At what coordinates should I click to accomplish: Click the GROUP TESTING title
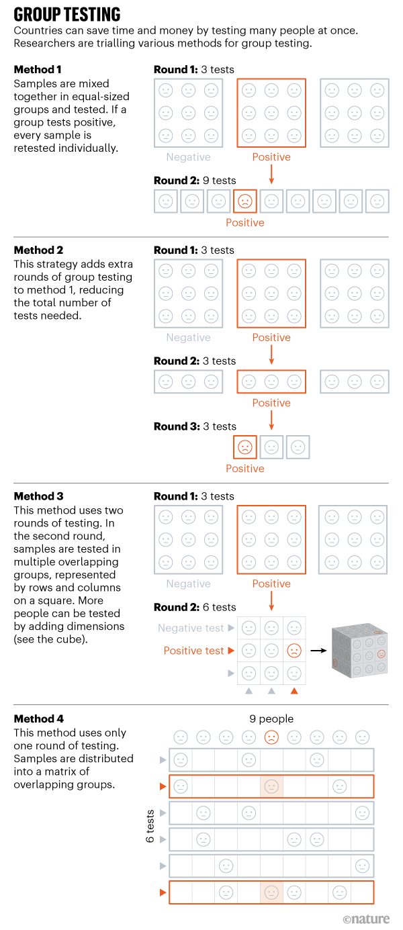[67, 15]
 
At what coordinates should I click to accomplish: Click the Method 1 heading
[39, 70]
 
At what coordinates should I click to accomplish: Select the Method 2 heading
[39, 250]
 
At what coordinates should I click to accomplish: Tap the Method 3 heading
[39, 496]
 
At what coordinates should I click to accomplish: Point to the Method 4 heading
[39, 719]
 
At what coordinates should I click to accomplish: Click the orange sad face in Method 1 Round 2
[245, 201]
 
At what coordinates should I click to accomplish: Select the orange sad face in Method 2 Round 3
[245, 447]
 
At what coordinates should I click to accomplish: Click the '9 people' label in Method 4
[271, 719]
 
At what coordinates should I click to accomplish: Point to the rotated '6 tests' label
[150, 826]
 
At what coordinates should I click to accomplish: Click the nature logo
[366, 919]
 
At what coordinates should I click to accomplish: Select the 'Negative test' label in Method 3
[191, 628]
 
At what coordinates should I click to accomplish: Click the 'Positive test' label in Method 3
[193, 651]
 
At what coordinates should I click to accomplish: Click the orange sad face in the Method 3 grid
[294, 651]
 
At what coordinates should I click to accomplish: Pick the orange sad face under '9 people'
[271, 737]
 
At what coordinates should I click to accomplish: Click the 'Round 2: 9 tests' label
[195, 180]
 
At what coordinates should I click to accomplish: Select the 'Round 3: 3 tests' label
[195, 426]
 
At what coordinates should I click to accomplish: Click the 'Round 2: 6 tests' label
[195, 607]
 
